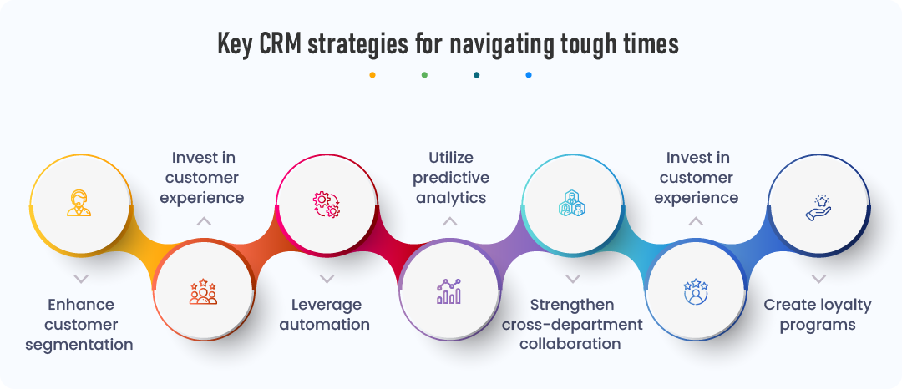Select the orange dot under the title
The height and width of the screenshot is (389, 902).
[x=372, y=75]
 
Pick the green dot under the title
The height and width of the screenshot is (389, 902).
[x=424, y=75]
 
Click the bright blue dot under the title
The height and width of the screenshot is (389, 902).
[x=529, y=75]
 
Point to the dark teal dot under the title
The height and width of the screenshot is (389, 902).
[x=476, y=75]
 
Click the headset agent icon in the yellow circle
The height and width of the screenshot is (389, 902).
[x=79, y=203]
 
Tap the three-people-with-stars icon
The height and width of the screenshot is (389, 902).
[x=203, y=291]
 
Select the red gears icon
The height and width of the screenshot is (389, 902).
[x=326, y=203]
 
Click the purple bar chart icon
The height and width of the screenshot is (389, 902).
[x=448, y=291]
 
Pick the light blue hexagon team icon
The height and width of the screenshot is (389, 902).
[x=572, y=203]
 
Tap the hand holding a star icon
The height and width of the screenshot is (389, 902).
[x=818, y=206]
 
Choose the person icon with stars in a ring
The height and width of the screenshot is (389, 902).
[x=696, y=291]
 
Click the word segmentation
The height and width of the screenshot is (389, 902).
[x=79, y=344]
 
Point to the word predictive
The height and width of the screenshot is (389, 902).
[x=449, y=177]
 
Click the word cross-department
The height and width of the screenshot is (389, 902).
[x=572, y=324]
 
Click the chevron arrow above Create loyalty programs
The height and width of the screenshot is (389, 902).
[x=818, y=278]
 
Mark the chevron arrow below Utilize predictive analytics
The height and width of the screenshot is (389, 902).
[x=449, y=221]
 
